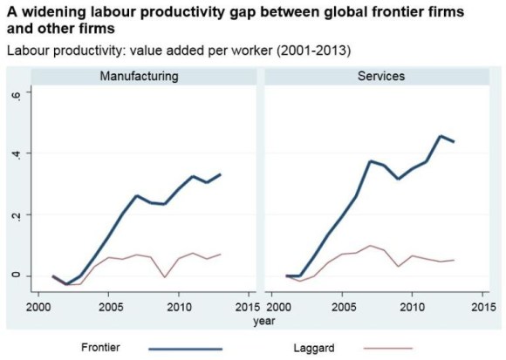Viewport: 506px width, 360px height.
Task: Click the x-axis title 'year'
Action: (x=262, y=320)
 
